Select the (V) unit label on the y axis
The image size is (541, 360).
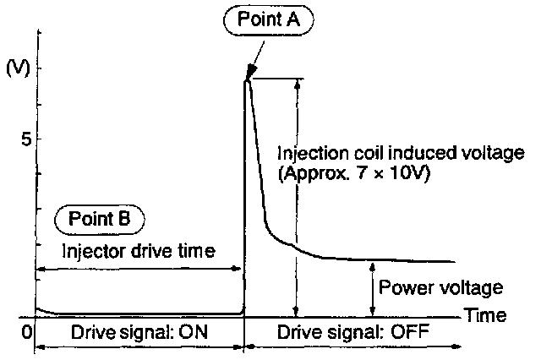pyautogui.click(x=18, y=68)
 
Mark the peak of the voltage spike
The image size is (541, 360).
pyautogui.click(x=246, y=79)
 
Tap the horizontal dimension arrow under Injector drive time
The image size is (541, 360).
pyautogui.click(x=139, y=270)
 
